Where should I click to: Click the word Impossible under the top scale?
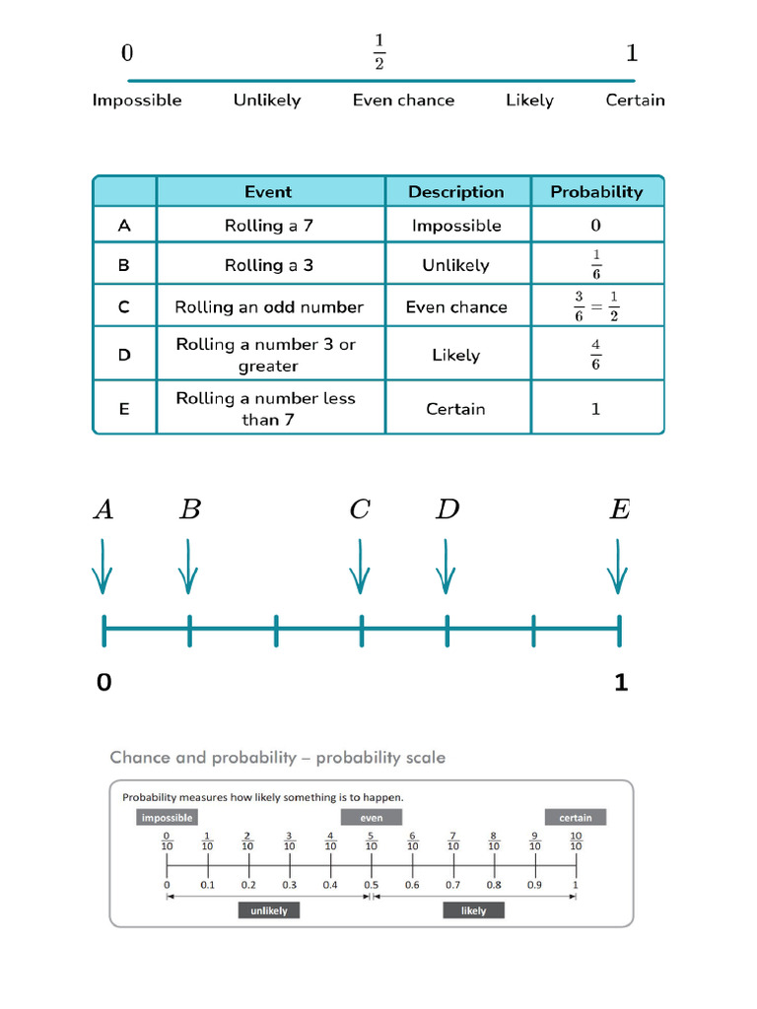coord(137,100)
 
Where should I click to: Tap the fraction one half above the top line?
coord(379,52)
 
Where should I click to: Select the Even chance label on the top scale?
coord(403,100)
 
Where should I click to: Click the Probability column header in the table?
coord(596,191)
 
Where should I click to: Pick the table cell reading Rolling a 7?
coord(269,226)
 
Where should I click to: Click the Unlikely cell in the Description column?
coord(455,265)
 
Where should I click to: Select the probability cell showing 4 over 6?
coord(595,355)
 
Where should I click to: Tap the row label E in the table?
coord(124,408)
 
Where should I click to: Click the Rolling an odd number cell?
coord(269,306)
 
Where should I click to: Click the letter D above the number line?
coord(447,509)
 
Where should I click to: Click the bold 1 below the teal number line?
coord(621,682)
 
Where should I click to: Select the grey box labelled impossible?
coord(167,817)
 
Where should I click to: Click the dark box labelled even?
coord(372,817)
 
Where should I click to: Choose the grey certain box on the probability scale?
coord(576,817)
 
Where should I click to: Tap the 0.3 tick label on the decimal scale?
coord(289,885)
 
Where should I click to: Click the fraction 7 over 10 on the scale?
coord(453,841)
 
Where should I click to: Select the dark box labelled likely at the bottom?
coord(473,910)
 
